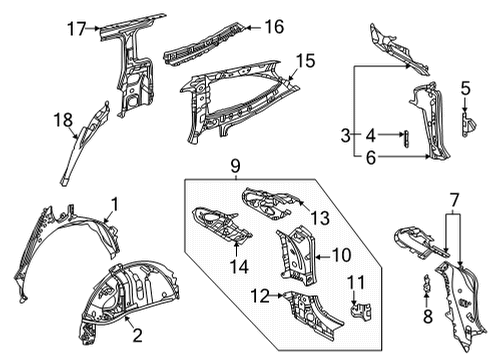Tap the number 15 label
pos(304,61)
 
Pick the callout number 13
pos(319,218)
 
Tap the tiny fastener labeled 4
pos(405,136)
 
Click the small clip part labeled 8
pos(428,291)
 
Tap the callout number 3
pos(344,134)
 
